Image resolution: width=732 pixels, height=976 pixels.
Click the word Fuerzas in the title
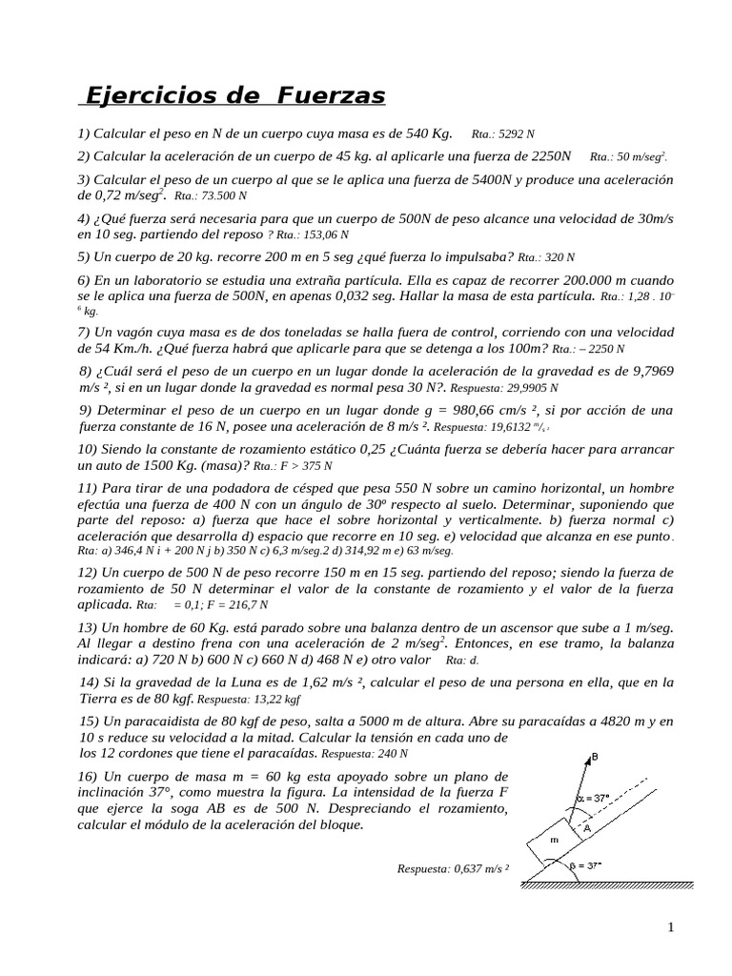332,96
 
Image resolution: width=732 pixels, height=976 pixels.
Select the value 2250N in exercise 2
546,155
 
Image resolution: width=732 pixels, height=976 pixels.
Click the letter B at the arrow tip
595,757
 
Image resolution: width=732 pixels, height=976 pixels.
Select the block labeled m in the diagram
554,840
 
